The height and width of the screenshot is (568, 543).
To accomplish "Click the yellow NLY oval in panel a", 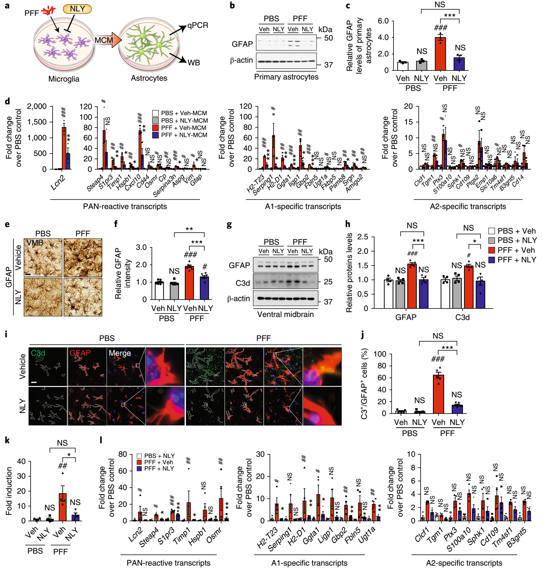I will click(x=77, y=9).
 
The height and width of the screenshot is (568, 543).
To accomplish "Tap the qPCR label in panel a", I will click(x=198, y=25).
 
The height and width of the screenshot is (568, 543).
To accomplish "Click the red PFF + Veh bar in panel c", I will click(x=440, y=54).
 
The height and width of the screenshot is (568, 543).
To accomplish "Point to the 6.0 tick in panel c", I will click(x=383, y=21).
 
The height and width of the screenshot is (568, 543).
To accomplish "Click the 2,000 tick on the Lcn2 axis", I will click(x=37, y=106).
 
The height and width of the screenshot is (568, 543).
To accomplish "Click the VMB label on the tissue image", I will click(x=35, y=243).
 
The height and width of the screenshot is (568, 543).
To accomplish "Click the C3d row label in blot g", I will click(x=242, y=283).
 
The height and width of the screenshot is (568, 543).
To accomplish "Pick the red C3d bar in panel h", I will click(x=469, y=287).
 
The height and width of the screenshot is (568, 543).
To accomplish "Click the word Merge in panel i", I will click(x=120, y=353).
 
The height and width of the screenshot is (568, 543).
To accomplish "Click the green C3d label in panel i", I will click(x=38, y=353).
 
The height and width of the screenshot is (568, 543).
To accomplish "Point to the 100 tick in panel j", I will click(x=380, y=354).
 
